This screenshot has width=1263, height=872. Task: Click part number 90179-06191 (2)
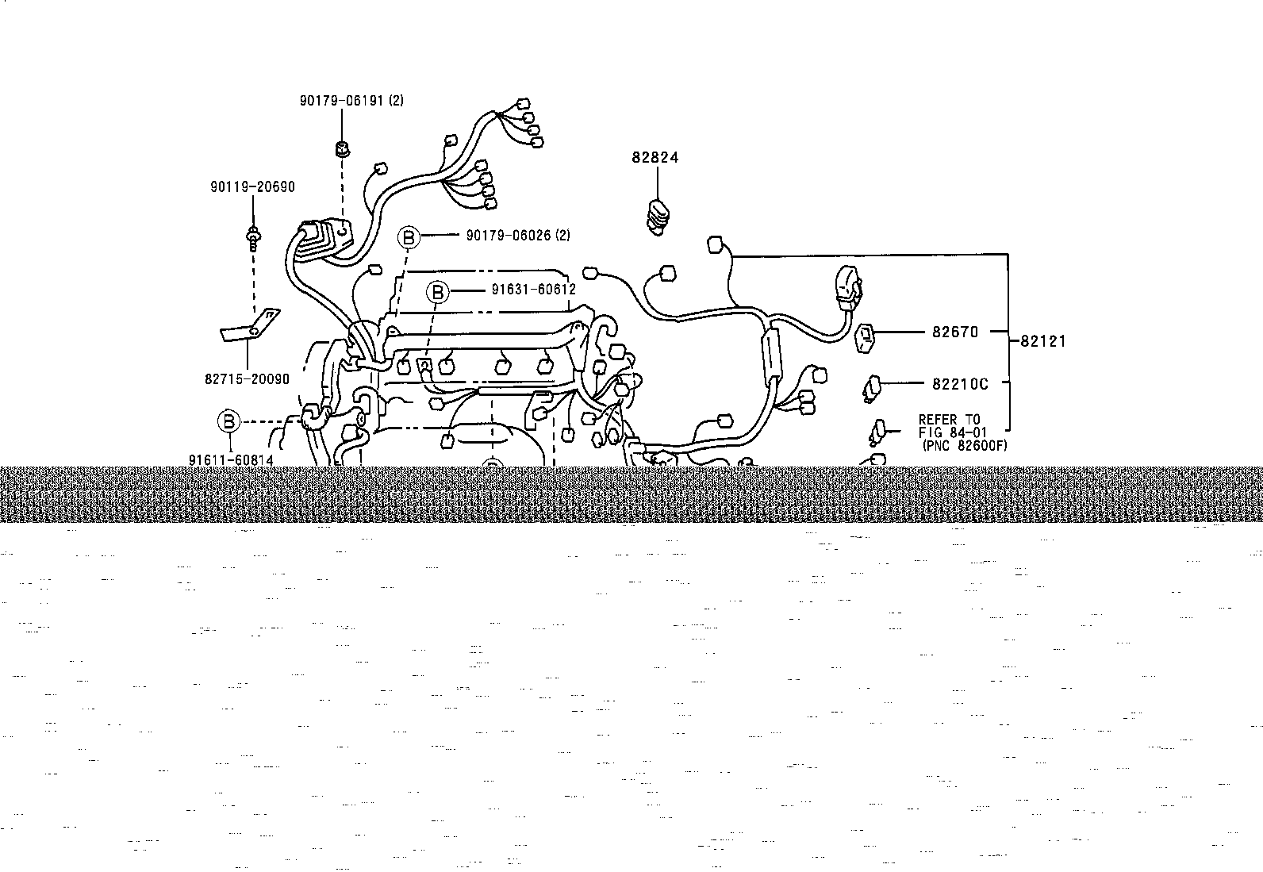coord(351,101)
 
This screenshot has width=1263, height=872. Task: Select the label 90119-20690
coord(252,186)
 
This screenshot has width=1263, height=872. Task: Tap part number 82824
coord(655,157)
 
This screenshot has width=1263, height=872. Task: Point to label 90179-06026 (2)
coord(518,235)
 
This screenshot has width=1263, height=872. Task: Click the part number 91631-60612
coord(533,290)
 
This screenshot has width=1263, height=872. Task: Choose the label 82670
coord(955,332)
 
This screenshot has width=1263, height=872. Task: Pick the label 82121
coord(1043,341)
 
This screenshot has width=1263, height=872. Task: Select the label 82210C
coord(960,384)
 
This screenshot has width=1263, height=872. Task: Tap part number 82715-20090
coord(247,379)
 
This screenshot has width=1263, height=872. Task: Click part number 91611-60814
coord(231,460)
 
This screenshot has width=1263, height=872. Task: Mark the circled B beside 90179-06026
coord(409,237)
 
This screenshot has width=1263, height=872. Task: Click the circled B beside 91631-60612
coord(438,292)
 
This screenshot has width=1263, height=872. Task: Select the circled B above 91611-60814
coord(229,421)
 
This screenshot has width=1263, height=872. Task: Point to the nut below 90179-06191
coord(342,149)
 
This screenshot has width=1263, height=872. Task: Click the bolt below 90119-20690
coord(253,239)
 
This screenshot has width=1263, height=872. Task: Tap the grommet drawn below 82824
coord(658,217)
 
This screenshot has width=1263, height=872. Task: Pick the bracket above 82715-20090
coord(251,325)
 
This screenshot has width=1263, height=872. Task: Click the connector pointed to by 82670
coord(865,339)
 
